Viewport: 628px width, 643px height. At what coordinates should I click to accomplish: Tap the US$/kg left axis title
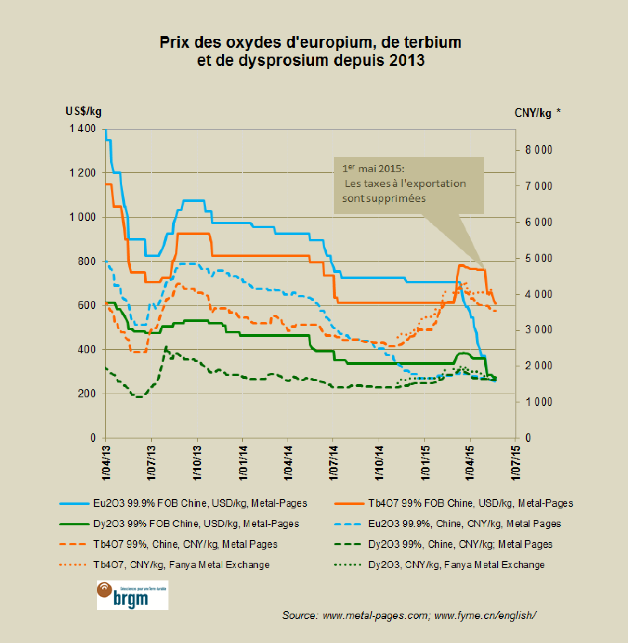pos(84,111)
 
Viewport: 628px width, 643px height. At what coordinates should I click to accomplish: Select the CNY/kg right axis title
pos(533,113)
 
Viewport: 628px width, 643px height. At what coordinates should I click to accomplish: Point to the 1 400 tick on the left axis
pos(83,129)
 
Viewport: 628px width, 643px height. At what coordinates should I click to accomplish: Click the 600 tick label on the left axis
pos(87,305)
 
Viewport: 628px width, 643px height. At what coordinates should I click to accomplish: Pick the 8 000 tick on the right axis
pos(539,150)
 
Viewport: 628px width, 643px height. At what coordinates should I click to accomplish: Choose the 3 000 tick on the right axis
pos(539,330)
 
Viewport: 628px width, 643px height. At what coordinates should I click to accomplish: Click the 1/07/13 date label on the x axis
pos(151,462)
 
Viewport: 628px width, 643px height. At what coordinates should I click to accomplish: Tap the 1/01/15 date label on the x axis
pos(425,462)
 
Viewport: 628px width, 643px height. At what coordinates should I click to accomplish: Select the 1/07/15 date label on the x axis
pos(516,462)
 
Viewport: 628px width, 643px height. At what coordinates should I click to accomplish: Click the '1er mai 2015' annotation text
pos(373,169)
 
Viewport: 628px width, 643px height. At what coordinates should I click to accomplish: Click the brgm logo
pos(132,596)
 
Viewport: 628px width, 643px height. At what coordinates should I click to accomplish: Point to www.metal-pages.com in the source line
pos(375,615)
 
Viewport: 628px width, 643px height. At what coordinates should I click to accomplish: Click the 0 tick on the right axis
pos(528,438)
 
